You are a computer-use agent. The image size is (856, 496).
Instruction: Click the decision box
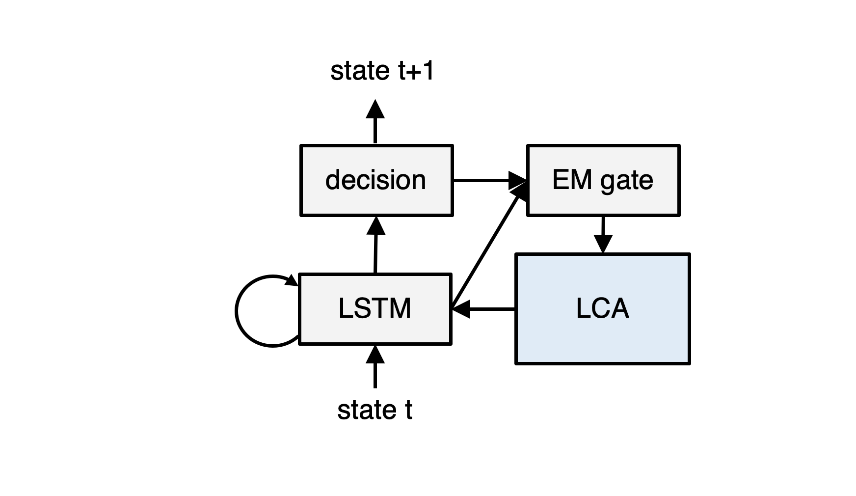(x=376, y=180)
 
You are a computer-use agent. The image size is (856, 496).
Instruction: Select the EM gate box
(x=603, y=180)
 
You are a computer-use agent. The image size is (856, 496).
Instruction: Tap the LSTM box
(x=375, y=309)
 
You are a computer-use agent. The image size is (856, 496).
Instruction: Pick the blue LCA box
(x=602, y=309)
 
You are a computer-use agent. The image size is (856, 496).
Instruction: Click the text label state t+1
(x=382, y=71)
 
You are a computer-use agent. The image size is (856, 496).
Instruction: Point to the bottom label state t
(x=374, y=410)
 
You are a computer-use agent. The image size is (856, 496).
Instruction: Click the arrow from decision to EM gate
(x=486, y=180)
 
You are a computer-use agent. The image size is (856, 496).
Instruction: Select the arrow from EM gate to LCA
(x=603, y=233)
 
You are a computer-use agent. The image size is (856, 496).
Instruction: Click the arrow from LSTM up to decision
(x=375, y=246)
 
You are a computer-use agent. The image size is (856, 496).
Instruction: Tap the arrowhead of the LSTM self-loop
(x=293, y=281)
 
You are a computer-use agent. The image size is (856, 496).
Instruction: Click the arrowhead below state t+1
(x=375, y=109)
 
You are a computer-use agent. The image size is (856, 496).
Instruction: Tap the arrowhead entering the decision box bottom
(x=376, y=225)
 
